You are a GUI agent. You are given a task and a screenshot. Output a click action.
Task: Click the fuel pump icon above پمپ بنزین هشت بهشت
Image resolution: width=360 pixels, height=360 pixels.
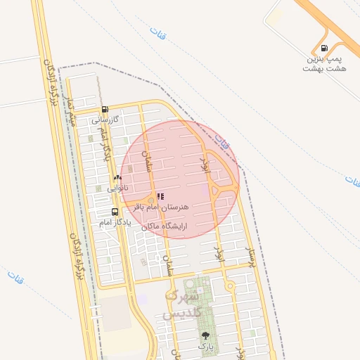323,49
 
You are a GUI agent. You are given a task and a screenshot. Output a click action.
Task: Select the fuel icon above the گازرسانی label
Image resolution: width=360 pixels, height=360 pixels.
105,110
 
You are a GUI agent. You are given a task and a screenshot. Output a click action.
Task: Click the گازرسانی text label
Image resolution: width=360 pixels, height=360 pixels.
107,120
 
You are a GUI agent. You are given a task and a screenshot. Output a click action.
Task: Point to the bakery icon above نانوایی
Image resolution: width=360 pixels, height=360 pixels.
117,179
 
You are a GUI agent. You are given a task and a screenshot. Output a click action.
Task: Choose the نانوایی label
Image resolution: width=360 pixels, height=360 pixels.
117,188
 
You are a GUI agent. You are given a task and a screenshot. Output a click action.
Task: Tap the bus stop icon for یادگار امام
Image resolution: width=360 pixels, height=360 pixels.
115,212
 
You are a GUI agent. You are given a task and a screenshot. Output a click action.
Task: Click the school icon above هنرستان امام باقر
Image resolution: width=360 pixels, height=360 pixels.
160,197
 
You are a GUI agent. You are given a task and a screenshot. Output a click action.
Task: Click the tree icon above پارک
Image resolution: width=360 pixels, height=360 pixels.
205,335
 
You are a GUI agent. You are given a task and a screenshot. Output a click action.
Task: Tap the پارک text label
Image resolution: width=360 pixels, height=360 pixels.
205,346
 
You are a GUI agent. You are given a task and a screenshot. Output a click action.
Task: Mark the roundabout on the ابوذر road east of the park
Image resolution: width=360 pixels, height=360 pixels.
229,285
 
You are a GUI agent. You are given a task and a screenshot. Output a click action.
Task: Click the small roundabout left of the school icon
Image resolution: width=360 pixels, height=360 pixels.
150,200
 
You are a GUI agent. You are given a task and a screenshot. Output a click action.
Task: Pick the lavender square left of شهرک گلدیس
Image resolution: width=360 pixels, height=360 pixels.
143,299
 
